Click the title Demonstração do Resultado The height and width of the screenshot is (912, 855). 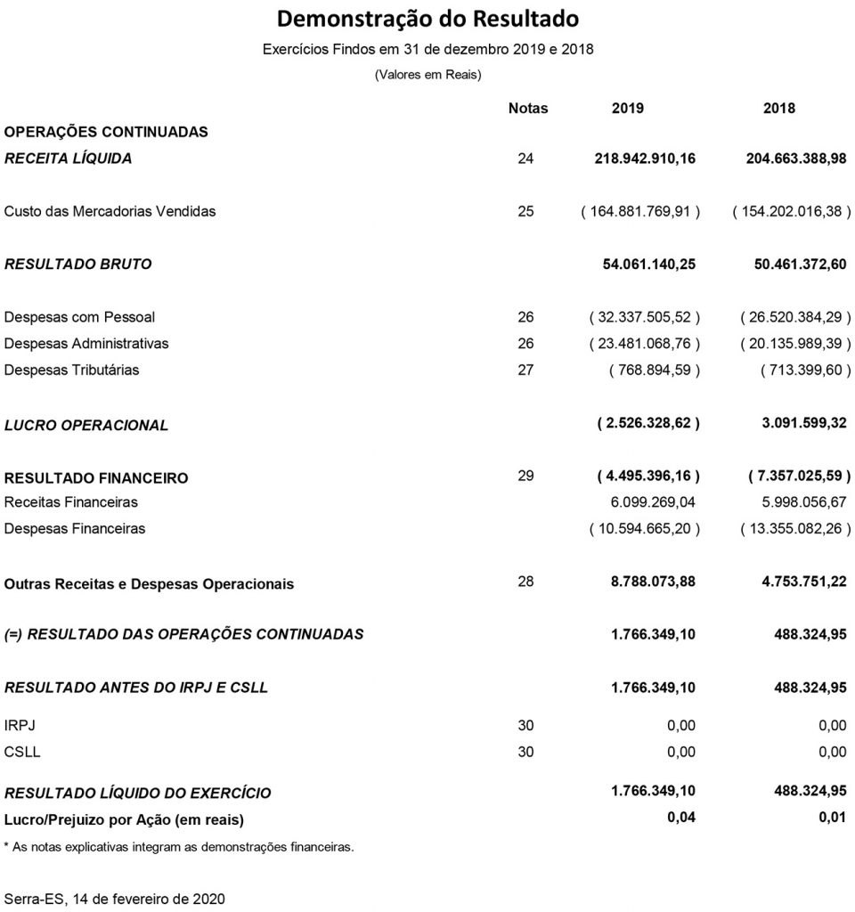[x=427, y=19]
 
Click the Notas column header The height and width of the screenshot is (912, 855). [x=527, y=109]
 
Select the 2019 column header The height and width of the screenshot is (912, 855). [x=627, y=109]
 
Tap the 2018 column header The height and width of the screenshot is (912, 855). [x=779, y=109]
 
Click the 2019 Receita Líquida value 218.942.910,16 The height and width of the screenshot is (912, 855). [x=645, y=159]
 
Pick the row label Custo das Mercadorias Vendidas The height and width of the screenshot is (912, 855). [x=110, y=212]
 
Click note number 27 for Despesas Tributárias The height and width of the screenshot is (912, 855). [x=525, y=370]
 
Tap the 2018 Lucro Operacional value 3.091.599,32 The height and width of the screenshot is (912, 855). [x=804, y=425]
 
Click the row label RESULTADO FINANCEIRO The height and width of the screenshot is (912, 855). [x=96, y=478]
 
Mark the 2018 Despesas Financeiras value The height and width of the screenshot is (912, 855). [x=796, y=529]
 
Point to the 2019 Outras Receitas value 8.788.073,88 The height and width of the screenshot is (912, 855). [x=652, y=582]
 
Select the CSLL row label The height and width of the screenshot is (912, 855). [x=22, y=752]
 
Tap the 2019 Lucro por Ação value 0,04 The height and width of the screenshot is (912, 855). [x=681, y=817]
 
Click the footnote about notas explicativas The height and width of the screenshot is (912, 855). [x=179, y=847]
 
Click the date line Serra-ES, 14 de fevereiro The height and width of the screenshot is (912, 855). [x=115, y=899]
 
